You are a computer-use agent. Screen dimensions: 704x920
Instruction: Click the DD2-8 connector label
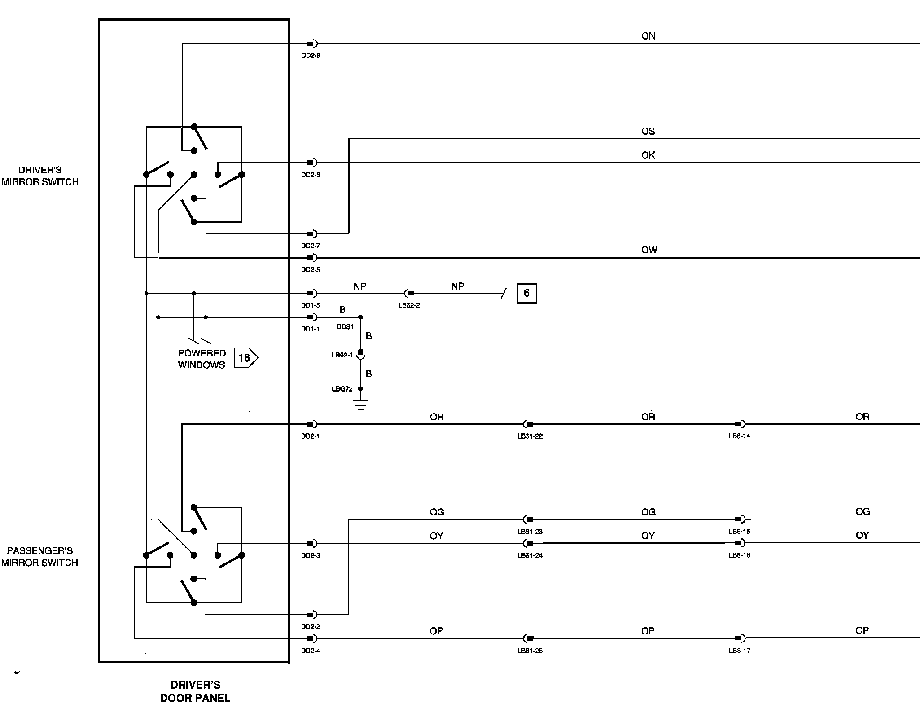[x=311, y=56]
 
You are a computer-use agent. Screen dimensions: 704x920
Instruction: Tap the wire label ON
[x=648, y=36]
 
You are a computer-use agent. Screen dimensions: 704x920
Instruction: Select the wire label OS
[x=648, y=132]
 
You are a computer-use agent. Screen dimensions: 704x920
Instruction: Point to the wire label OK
[x=648, y=155]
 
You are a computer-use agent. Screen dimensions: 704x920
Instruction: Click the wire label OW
[x=649, y=250]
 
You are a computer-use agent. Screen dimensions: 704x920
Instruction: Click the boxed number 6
[x=527, y=294]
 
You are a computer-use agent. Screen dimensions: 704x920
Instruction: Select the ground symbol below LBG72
[x=360, y=405]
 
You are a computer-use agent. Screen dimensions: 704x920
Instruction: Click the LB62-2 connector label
[x=409, y=305]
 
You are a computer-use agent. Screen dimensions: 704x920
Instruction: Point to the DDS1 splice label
[x=345, y=327]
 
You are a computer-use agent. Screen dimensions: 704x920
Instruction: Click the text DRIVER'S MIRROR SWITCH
[x=40, y=176]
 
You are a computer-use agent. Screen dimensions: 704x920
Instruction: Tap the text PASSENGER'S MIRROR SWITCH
[x=39, y=557]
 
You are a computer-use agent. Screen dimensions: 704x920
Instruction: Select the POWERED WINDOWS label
[x=202, y=359]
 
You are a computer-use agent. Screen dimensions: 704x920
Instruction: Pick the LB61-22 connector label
[x=530, y=436]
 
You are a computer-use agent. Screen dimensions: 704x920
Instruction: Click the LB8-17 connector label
[x=739, y=650]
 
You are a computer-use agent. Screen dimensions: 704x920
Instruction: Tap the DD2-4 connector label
[x=311, y=651]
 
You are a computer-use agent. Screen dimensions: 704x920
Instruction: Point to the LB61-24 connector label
[x=530, y=555]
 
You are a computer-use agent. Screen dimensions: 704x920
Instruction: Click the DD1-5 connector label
[x=311, y=305]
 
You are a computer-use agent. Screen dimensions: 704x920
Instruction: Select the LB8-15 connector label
[x=739, y=532]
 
